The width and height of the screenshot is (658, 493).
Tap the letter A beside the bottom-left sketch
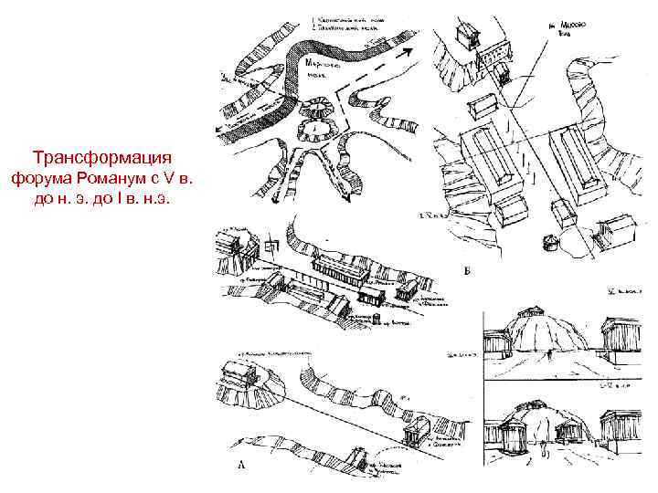241,465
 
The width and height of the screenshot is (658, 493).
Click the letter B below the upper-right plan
469,271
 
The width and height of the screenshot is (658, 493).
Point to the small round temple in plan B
551,242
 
